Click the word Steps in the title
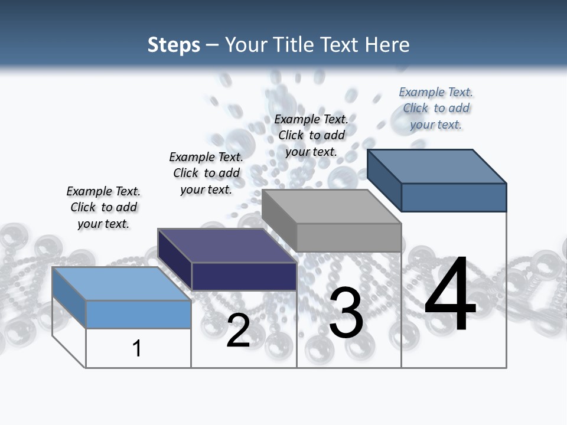click(174, 45)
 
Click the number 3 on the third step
click(346, 313)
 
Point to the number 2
click(238, 331)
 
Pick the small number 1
click(137, 348)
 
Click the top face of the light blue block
click(121, 283)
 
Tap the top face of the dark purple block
click(227, 246)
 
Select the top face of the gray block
click(331, 207)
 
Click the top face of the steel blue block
click(436, 166)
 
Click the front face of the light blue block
click(138, 314)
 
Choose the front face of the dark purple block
click(244, 276)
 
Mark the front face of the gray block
click(348, 237)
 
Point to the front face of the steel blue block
click(454, 197)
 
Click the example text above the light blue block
click(103, 207)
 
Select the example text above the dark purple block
click(206, 173)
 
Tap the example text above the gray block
click(311, 135)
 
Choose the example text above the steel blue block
click(436, 108)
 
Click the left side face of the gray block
click(279, 220)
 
